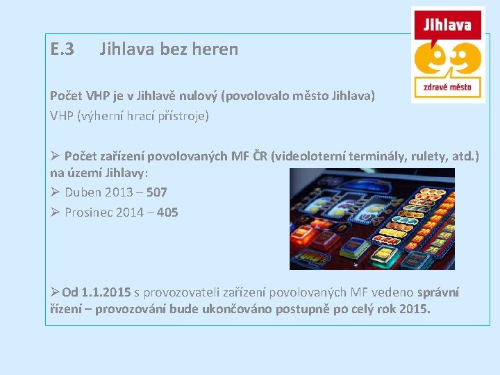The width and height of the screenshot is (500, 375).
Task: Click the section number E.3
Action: (62, 49)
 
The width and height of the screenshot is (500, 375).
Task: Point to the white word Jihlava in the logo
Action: (447, 26)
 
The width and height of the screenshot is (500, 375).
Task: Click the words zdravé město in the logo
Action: (447, 87)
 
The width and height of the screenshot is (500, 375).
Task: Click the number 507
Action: (157, 192)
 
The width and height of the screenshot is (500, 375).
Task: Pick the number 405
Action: (168, 212)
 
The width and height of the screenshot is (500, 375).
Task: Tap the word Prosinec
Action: (88, 212)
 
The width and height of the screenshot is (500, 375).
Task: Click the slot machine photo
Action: (372, 219)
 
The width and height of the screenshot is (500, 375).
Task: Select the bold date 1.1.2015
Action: (106, 292)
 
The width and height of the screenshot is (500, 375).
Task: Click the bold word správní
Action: (437, 292)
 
